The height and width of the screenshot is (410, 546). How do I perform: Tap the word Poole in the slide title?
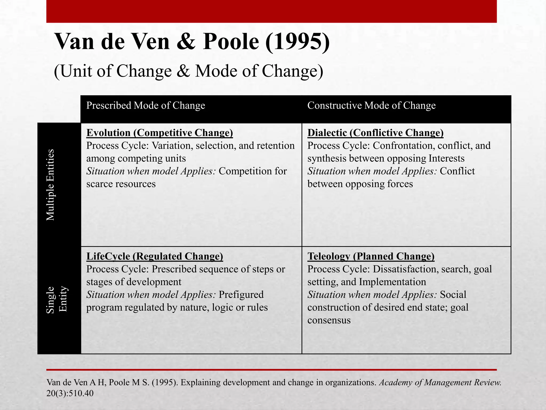point(231,42)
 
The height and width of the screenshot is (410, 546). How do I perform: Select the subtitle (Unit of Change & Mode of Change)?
point(188,71)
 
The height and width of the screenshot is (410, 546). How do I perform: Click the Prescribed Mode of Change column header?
point(146,105)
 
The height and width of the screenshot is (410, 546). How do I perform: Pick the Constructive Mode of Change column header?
point(371,105)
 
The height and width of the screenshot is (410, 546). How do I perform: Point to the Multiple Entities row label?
point(50,185)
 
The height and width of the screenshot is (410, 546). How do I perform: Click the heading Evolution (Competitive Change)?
point(159,133)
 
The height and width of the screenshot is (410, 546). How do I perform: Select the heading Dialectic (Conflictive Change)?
point(375,133)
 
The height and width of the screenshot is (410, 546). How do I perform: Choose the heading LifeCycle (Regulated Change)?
point(155,256)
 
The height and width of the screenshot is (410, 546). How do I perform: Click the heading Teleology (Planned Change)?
point(371,256)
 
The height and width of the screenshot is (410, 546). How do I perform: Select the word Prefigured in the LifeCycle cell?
point(241,295)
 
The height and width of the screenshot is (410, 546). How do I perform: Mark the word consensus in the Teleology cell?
point(329,320)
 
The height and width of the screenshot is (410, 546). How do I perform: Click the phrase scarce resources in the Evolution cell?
point(121,184)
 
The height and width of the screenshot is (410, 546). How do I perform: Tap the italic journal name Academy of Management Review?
point(440,383)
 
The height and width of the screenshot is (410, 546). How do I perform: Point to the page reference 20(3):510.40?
point(70,393)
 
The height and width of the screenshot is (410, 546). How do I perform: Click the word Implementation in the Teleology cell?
point(392,282)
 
